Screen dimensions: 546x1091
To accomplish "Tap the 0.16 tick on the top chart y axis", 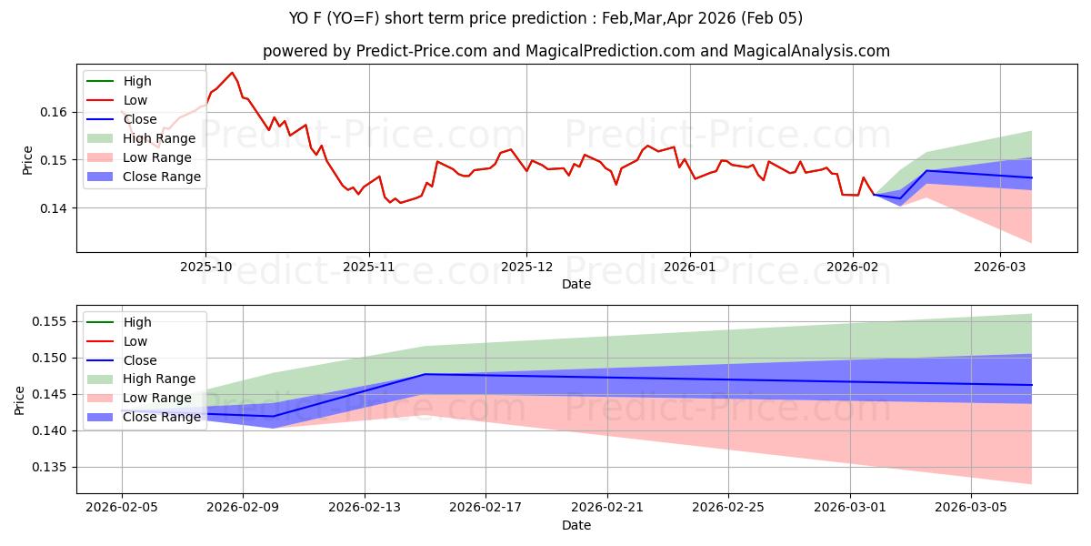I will (x=55, y=112).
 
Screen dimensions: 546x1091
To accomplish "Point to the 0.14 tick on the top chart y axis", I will (x=55, y=208).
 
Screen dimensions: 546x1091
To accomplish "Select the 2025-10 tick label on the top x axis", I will (x=205, y=268).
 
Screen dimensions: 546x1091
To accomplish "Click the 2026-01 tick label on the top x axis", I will (x=689, y=268).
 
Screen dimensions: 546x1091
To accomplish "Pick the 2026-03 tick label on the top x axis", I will (x=1000, y=268).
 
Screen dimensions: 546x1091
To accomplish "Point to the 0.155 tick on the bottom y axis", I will (x=52, y=322).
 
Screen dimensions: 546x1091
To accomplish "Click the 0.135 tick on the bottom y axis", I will (x=52, y=467).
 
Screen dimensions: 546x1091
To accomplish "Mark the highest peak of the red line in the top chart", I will (x=232, y=73).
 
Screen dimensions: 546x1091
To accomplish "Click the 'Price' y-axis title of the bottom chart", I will (x=20, y=399).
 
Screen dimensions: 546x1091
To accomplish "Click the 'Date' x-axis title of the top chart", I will (x=576, y=284).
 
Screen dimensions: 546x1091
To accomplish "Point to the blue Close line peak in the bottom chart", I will (x=425, y=374).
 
